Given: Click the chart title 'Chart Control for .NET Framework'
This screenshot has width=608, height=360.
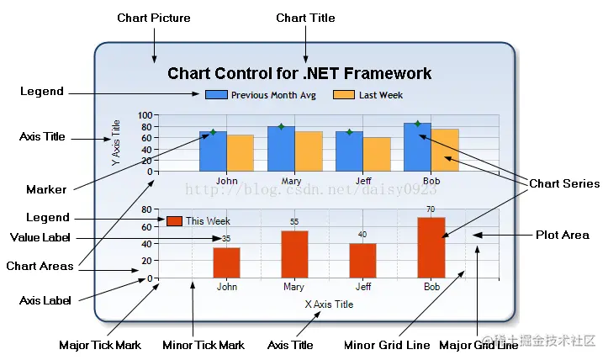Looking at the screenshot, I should (x=299, y=73).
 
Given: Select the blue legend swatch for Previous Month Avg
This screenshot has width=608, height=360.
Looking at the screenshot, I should (x=216, y=95).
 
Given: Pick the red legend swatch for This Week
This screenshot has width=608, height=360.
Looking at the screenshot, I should (x=174, y=220).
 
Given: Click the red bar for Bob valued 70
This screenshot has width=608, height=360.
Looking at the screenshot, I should (x=431, y=247).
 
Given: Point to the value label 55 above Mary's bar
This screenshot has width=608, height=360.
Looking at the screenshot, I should (x=294, y=222).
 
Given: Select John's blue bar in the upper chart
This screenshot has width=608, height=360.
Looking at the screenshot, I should (x=213, y=151).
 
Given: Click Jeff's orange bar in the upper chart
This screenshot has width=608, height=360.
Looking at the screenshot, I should (x=376, y=154).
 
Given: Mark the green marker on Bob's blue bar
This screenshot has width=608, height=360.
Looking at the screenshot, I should (x=417, y=124).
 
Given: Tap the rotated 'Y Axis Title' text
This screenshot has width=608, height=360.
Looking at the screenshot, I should (x=117, y=143).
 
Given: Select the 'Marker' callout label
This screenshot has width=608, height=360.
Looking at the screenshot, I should (x=46, y=189).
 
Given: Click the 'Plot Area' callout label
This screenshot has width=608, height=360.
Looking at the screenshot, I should (x=562, y=235).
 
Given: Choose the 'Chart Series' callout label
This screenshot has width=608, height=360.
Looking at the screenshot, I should (x=563, y=183).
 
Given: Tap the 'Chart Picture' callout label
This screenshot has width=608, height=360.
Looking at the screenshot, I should (x=153, y=18).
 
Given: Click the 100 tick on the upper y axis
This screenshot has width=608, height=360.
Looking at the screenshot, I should (x=145, y=115).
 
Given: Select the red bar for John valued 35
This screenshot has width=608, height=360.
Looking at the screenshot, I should (x=226, y=262).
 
